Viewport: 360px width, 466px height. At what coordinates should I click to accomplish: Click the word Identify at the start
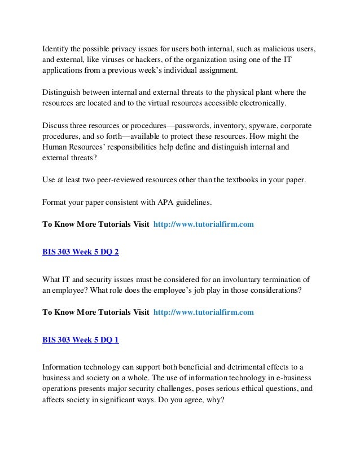tap(56, 48)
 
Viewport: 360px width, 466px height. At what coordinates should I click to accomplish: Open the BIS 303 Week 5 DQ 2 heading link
tap(81, 252)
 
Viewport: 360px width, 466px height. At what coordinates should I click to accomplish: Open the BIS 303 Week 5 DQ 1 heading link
tap(81, 340)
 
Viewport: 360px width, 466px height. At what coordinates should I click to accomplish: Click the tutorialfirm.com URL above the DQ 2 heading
tap(204, 224)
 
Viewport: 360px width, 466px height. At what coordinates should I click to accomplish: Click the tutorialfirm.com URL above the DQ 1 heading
tap(204, 312)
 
